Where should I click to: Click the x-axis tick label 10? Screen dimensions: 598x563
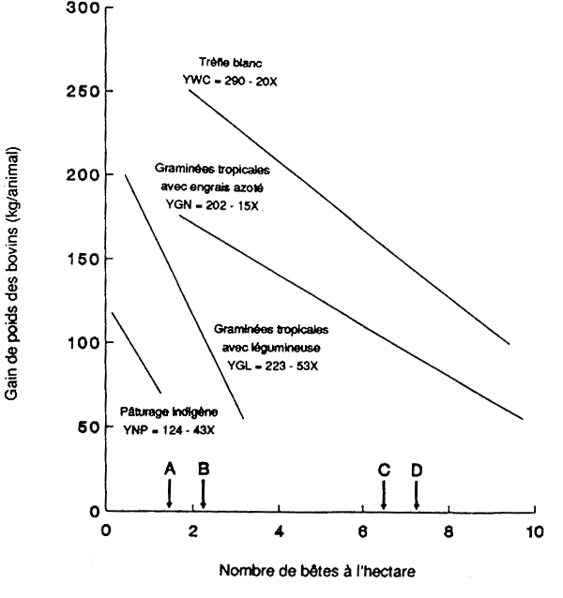click(x=534, y=531)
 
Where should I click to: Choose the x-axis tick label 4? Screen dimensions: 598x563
click(x=278, y=531)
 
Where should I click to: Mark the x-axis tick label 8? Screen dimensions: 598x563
click(x=449, y=531)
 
